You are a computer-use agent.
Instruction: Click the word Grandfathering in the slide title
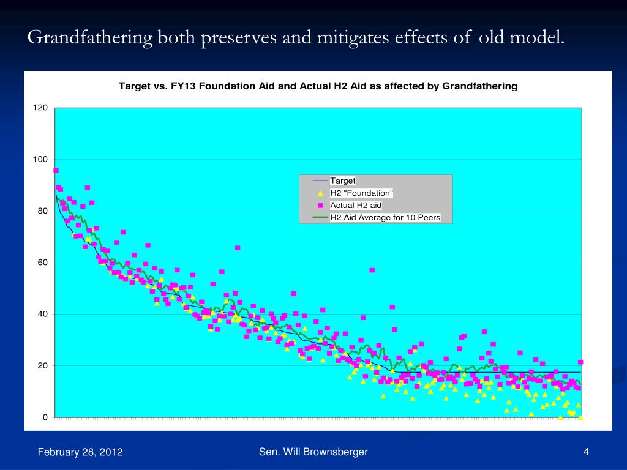[x=91, y=39]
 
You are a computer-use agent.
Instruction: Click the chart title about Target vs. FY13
[x=318, y=86]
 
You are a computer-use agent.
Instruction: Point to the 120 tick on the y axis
[x=40, y=108]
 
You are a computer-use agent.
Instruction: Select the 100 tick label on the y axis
[x=40, y=159]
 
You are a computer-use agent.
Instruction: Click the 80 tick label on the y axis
[x=43, y=211]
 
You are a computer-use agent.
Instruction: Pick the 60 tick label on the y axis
[x=43, y=263]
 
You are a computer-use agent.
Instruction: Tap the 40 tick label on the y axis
[x=43, y=314]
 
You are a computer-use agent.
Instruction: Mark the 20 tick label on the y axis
[x=43, y=366]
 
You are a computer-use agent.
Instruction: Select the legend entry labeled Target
[x=343, y=181]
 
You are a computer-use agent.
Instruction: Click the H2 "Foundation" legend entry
[x=361, y=193]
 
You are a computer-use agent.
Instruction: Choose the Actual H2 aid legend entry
[x=356, y=205]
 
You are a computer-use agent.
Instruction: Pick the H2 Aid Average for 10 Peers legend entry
[x=385, y=217]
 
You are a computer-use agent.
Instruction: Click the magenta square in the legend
[x=320, y=205]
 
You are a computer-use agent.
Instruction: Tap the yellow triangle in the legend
[x=320, y=193]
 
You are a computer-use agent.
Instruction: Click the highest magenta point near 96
[x=56, y=170]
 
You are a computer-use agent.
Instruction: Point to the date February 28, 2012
[x=80, y=452]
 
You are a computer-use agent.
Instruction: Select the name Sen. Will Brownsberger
[x=313, y=452]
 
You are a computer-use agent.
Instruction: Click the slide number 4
[x=586, y=452]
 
